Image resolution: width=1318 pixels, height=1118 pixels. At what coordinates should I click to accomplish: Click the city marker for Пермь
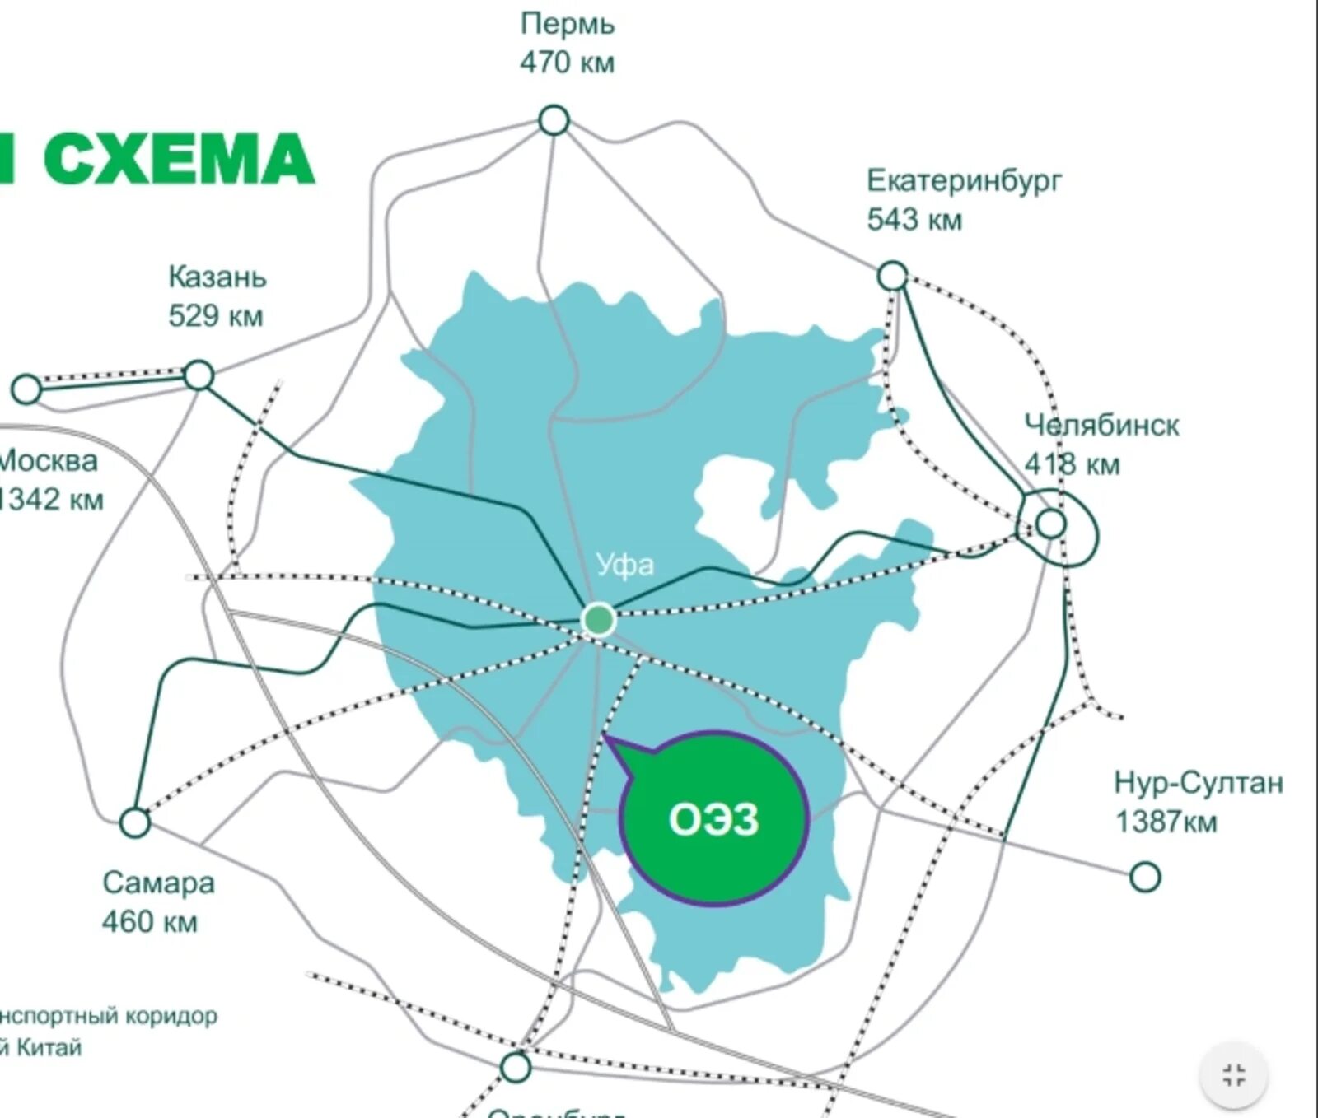(554, 120)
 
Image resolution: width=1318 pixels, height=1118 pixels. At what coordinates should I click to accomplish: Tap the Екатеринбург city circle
(892, 275)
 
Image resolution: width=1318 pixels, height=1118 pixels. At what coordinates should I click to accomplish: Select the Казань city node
(199, 375)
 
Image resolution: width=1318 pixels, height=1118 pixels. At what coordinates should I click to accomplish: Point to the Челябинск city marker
(1050, 523)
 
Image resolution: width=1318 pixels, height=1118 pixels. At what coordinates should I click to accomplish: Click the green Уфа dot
(598, 619)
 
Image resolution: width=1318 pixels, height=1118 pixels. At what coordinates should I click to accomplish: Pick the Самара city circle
(135, 822)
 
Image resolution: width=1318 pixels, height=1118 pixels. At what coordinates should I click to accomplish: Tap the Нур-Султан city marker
(1145, 877)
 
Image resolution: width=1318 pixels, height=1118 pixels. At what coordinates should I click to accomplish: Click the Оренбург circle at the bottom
(516, 1068)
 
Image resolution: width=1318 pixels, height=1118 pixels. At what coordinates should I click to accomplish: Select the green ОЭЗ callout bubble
(713, 819)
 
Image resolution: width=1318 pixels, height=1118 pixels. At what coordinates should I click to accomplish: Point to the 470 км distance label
(567, 63)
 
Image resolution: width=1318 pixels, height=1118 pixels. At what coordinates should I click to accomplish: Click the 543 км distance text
(914, 220)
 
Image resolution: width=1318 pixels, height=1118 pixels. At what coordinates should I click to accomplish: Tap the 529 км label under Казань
(216, 316)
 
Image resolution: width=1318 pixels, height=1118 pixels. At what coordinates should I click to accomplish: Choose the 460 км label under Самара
(150, 922)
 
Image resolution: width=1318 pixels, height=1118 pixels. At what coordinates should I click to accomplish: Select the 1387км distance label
(1166, 822)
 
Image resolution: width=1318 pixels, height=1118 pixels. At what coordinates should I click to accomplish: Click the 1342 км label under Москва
(51, 500)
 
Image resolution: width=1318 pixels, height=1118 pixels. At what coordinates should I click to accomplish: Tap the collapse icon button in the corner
(1233, 1075)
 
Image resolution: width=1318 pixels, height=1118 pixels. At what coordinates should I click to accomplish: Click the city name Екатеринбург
(965, 180)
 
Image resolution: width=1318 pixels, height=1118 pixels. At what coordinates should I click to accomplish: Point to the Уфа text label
(625, 565)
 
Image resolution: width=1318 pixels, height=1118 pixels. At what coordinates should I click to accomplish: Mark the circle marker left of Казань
(26, 389)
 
